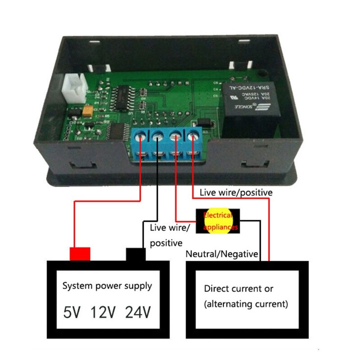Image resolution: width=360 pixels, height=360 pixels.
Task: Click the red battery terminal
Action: [x=80, y=253]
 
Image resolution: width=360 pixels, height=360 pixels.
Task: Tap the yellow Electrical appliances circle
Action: [x=218, y=221]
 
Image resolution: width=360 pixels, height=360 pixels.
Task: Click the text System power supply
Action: [x=107, y=286]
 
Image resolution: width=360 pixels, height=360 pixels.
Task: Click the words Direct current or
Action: [x=238, y=288]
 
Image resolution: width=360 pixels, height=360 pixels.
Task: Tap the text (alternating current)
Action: [x=246, y=304]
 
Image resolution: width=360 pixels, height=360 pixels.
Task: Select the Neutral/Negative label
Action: [x=222, y=254]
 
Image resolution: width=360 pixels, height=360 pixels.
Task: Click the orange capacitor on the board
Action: [x=89, y=110]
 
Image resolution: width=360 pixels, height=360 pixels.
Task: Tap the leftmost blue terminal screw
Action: [x=142, y=135]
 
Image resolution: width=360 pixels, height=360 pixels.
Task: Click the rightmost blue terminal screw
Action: [x=193, y=134]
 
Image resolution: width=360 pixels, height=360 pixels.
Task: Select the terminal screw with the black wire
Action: [x=158, y=135]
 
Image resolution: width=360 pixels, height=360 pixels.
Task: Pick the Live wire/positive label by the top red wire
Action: [x=236, y=192]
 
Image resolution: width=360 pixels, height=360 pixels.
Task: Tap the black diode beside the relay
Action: [x=206, y=121]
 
